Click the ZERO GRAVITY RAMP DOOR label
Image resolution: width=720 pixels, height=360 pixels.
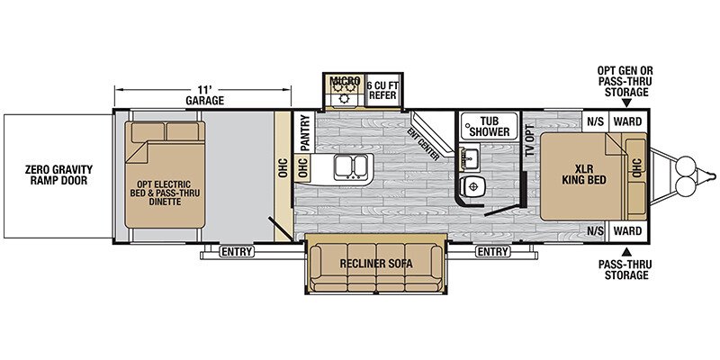(58, 175)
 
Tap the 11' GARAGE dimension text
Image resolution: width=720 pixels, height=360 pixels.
(204, 95)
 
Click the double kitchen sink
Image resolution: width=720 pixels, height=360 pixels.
(351, 166)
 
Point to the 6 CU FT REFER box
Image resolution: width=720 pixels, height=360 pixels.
(383, 90)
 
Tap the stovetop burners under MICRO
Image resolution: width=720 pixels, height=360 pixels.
(345, 90)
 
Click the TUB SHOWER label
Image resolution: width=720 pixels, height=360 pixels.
(489, 126)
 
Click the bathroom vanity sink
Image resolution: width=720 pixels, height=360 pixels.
(470, 157)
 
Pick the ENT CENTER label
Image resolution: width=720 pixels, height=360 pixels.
(423, 144)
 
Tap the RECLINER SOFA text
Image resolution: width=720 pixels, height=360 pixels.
(376, 264)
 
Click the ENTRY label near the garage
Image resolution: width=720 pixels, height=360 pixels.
(237, 252)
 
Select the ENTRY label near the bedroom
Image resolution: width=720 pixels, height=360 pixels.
(492, 252)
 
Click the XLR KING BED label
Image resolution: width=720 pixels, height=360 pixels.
(583, 175)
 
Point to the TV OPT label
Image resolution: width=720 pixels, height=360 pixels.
(531, 140)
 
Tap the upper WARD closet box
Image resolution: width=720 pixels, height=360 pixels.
(627, 121)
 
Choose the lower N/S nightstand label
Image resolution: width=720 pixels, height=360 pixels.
(596, 231)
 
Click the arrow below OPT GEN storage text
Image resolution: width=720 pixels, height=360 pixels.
(626, 103)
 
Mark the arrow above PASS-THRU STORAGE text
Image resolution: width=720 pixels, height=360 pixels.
(626, 252)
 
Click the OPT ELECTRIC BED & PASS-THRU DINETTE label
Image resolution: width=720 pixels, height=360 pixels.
(165, 193)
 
